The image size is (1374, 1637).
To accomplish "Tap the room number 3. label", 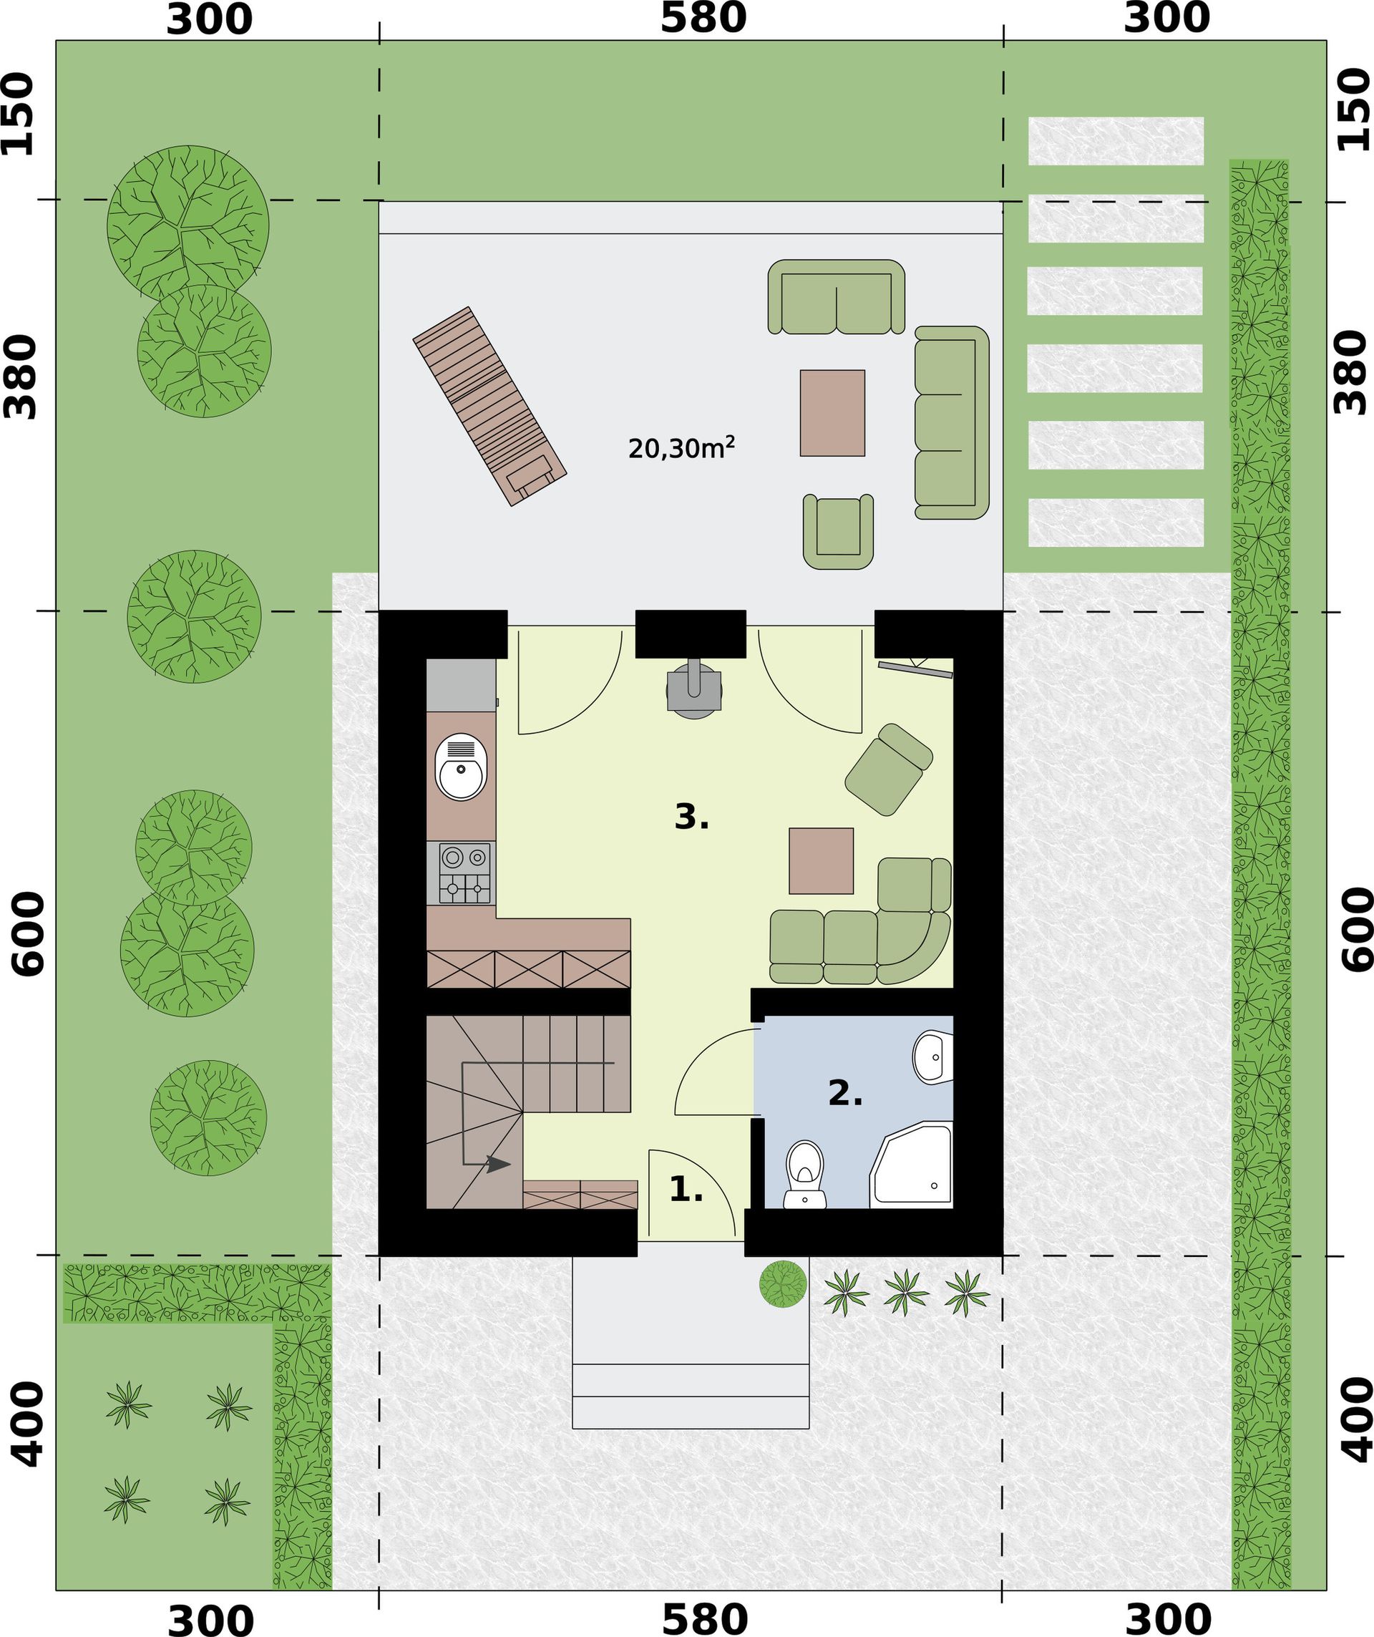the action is click(691, 817).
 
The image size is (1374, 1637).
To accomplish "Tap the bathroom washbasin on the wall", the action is click(933, 1057).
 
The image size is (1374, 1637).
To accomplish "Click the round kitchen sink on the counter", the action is click(462, 767).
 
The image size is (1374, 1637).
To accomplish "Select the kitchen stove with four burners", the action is click(465, 873).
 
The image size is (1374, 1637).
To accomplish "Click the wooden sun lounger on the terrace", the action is click(489, 406).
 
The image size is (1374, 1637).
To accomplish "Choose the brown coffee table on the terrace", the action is click(832, 412).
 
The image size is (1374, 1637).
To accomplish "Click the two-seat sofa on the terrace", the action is click(837, 296).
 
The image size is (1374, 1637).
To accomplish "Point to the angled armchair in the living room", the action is click(890, 769).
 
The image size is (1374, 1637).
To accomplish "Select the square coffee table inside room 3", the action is click(822, 860).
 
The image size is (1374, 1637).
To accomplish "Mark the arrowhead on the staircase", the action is click(499, 1165).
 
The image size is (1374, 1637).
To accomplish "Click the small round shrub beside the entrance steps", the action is click(783, 1284).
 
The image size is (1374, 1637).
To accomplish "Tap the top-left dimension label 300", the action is click(210, 19).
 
